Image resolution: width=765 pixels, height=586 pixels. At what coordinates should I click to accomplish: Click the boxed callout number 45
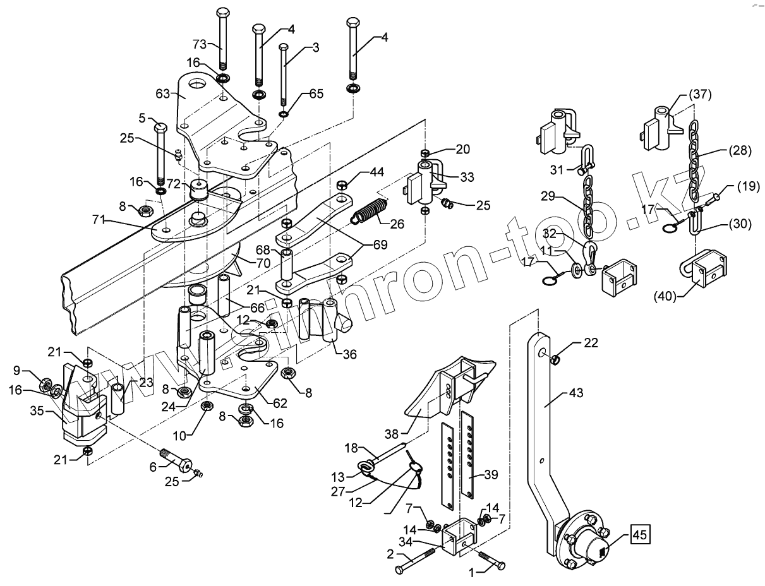pos(639,535)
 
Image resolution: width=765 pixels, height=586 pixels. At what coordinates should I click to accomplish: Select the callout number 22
pos(591,343)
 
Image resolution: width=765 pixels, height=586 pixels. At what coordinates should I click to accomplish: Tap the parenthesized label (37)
pos(700,95)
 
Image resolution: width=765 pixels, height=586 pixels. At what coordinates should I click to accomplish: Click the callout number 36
pos(349,355)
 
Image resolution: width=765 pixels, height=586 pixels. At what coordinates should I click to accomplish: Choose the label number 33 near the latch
pos(467,178)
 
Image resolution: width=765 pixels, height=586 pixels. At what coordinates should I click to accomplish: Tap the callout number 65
pos(316,93)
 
